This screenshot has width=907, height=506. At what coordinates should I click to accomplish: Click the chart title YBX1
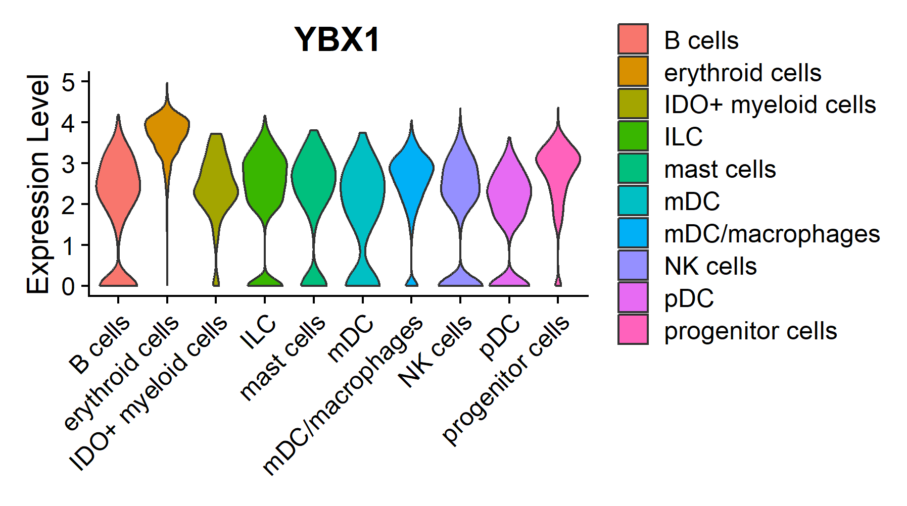[337, 39]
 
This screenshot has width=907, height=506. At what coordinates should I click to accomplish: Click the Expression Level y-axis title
[38, 184]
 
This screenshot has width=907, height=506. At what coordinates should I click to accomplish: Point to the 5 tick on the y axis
[68, 82]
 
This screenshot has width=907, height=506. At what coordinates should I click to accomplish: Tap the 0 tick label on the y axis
[68, 286]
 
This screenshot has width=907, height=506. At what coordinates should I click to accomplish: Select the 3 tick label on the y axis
[68, 164]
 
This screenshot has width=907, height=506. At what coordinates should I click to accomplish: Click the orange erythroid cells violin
[167, 126]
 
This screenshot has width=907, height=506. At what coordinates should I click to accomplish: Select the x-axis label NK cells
[436, 350]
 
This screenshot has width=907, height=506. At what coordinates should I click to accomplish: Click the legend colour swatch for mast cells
[633, 169]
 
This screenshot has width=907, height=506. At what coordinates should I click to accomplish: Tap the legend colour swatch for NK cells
[633, 266]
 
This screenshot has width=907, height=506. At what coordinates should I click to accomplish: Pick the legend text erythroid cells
[742, 73]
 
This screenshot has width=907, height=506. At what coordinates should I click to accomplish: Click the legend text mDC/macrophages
[772, 234]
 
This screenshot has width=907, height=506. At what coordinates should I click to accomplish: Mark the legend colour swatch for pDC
[633, 298]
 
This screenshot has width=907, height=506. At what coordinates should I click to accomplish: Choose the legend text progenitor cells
[750, 331]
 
